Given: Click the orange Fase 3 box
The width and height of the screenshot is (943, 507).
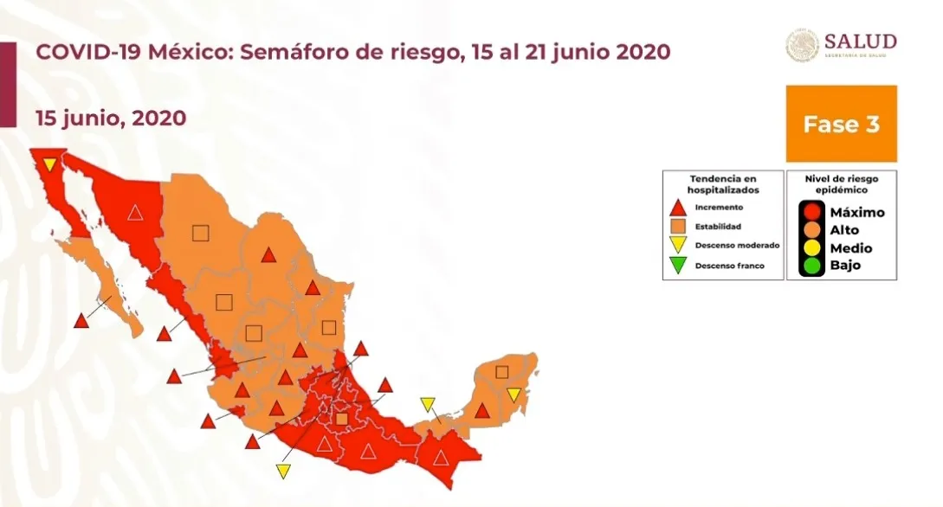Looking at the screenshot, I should tap(841, 124).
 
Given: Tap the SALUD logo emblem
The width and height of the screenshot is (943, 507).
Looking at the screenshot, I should tap(802, 46).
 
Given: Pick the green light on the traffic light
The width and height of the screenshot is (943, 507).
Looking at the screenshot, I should tap(811, 265).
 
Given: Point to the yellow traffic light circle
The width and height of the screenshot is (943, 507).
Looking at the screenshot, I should tap(811, 247).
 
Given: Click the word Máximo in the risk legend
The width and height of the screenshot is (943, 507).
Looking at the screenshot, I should tap(856, 212).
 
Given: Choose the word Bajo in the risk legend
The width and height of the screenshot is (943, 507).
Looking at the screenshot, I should tap(845, 265).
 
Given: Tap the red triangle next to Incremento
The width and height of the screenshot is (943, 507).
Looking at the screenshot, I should tap(679, 208).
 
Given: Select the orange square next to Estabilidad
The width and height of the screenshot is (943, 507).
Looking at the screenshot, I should tap(679, 227).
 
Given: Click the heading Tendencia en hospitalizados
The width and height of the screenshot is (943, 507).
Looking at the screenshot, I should tap(722, 183).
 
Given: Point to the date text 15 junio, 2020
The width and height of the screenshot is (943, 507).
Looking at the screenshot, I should tap(111, 118).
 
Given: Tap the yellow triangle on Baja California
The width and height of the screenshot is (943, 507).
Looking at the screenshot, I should tap(50, 164).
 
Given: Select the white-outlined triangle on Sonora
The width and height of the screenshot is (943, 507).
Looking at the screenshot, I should tap(135, 212).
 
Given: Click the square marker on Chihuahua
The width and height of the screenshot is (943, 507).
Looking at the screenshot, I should tap(201, 232).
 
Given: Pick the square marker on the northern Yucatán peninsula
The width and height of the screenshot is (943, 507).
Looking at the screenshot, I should tap(501, 372).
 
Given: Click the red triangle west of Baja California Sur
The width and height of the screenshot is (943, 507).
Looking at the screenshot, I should tap(81, 321).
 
